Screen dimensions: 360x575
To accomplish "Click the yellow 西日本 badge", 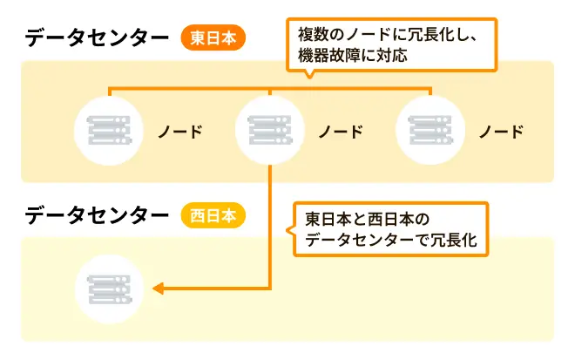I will (213, 214).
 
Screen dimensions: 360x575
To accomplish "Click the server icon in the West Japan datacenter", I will (108, 289).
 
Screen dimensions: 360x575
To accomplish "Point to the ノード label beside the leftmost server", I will (179, 132).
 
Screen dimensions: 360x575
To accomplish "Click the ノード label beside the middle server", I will (340, 132).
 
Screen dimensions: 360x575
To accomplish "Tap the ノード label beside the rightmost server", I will (501, 132).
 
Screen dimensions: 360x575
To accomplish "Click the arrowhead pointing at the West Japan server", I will (159, 289).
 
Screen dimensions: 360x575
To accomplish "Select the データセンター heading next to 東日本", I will (97, 38).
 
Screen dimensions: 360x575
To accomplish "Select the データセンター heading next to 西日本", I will (97, 214).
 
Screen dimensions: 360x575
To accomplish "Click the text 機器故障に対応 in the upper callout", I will (351, 55).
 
